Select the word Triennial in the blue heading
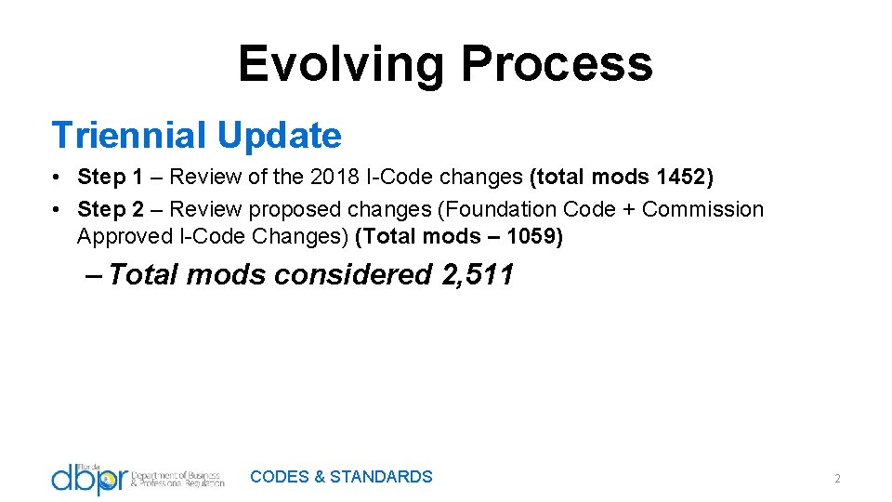(x=128, y=136)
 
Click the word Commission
(x=702, y=209)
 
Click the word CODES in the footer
(x=280, y=477)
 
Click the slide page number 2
(x=836, y=479)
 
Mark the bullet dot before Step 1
(x=58, y=177)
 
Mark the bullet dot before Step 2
(x=58, y=209)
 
